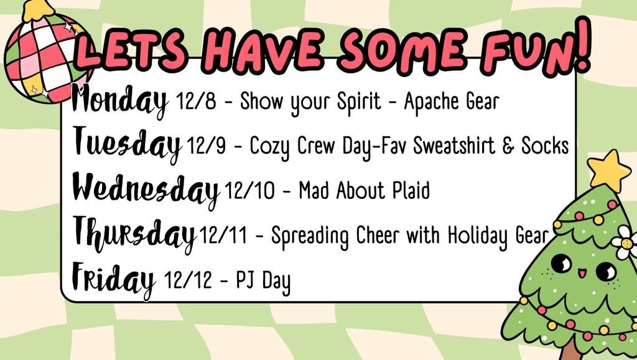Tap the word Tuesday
127,144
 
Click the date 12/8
196,101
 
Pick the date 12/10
249,190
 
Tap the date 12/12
188,280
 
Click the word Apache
432,102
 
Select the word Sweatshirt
454,145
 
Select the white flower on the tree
625,242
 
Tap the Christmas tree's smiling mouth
582,273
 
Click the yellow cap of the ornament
38,10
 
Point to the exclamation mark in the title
582,45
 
